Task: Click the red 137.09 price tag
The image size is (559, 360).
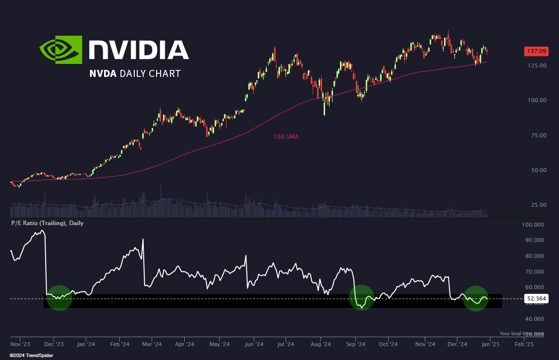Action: coord(536,51)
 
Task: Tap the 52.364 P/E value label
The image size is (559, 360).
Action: coord(536,299)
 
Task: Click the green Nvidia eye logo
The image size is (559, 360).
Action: coord(61,50)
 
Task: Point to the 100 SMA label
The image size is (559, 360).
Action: coord(286,136)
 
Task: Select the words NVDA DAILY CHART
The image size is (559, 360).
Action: coord(135,73)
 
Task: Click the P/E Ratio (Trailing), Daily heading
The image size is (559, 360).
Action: coord(48,223)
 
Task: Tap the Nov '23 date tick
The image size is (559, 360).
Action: coord(20,344)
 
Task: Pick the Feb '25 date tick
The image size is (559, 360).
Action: coord(524,344)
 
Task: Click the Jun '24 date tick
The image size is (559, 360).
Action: coord(254,344)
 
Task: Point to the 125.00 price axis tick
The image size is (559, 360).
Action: coord(536,65)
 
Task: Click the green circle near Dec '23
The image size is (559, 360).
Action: coord(59,298)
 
